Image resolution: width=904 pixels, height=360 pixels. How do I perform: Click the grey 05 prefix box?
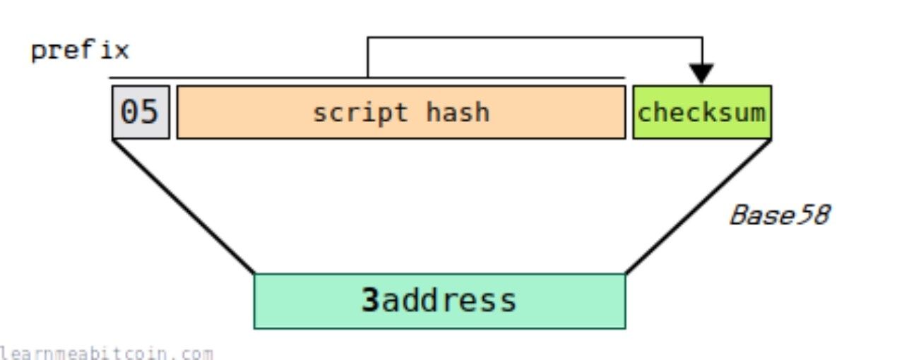(141, 112)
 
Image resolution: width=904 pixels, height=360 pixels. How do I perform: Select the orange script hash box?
(401, 112)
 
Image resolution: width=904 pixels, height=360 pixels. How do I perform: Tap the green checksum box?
(702, 112)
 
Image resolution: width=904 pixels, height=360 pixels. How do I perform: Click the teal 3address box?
(440, 301)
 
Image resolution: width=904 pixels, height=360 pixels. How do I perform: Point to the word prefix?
(80, 51)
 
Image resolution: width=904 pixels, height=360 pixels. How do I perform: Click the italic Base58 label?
(780, 215)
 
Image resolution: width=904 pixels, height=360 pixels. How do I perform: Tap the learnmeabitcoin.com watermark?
(106, 354)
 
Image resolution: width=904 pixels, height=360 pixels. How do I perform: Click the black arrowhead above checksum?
(701, 73)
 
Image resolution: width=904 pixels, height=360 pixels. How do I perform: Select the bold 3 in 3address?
(370, 300)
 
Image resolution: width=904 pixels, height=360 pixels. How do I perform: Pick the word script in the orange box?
(360, 114)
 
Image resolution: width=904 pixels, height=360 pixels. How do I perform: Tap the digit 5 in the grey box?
(149, 112)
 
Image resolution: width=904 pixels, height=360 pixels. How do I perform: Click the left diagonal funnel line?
(183, 206)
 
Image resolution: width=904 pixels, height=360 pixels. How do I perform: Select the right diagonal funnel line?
(698, 206)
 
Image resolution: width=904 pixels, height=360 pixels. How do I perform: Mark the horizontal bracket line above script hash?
(367, 78)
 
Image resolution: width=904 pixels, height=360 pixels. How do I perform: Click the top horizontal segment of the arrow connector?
(535, 37)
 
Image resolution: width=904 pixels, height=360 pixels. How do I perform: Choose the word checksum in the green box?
(701, 112)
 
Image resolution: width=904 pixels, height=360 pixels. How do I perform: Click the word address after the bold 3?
(448, 301)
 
